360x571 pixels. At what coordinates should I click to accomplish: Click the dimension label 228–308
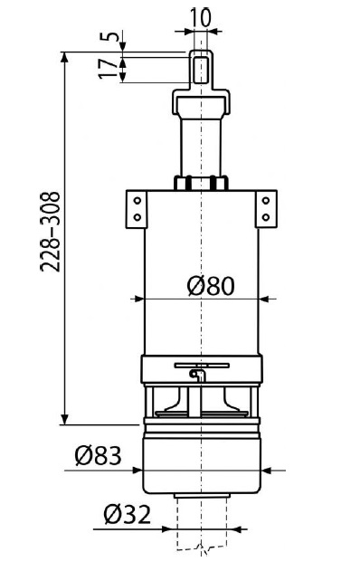click(x=50, y=232)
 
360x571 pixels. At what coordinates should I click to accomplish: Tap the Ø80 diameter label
click(x=211, y=286)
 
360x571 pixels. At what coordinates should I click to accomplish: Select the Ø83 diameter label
click(x=98, y=456)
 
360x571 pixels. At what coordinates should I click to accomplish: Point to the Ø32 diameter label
click(x=127, y=515)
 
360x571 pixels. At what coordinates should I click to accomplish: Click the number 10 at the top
click(x=201, y=17)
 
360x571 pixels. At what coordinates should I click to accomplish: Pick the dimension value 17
click(x=109, y=69)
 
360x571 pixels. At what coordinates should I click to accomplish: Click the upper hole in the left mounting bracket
click(x=137, y=201)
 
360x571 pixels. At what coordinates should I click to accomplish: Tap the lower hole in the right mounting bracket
click(x=266, y=217)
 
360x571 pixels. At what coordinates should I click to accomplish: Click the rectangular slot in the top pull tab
click(x=201, y=70)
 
